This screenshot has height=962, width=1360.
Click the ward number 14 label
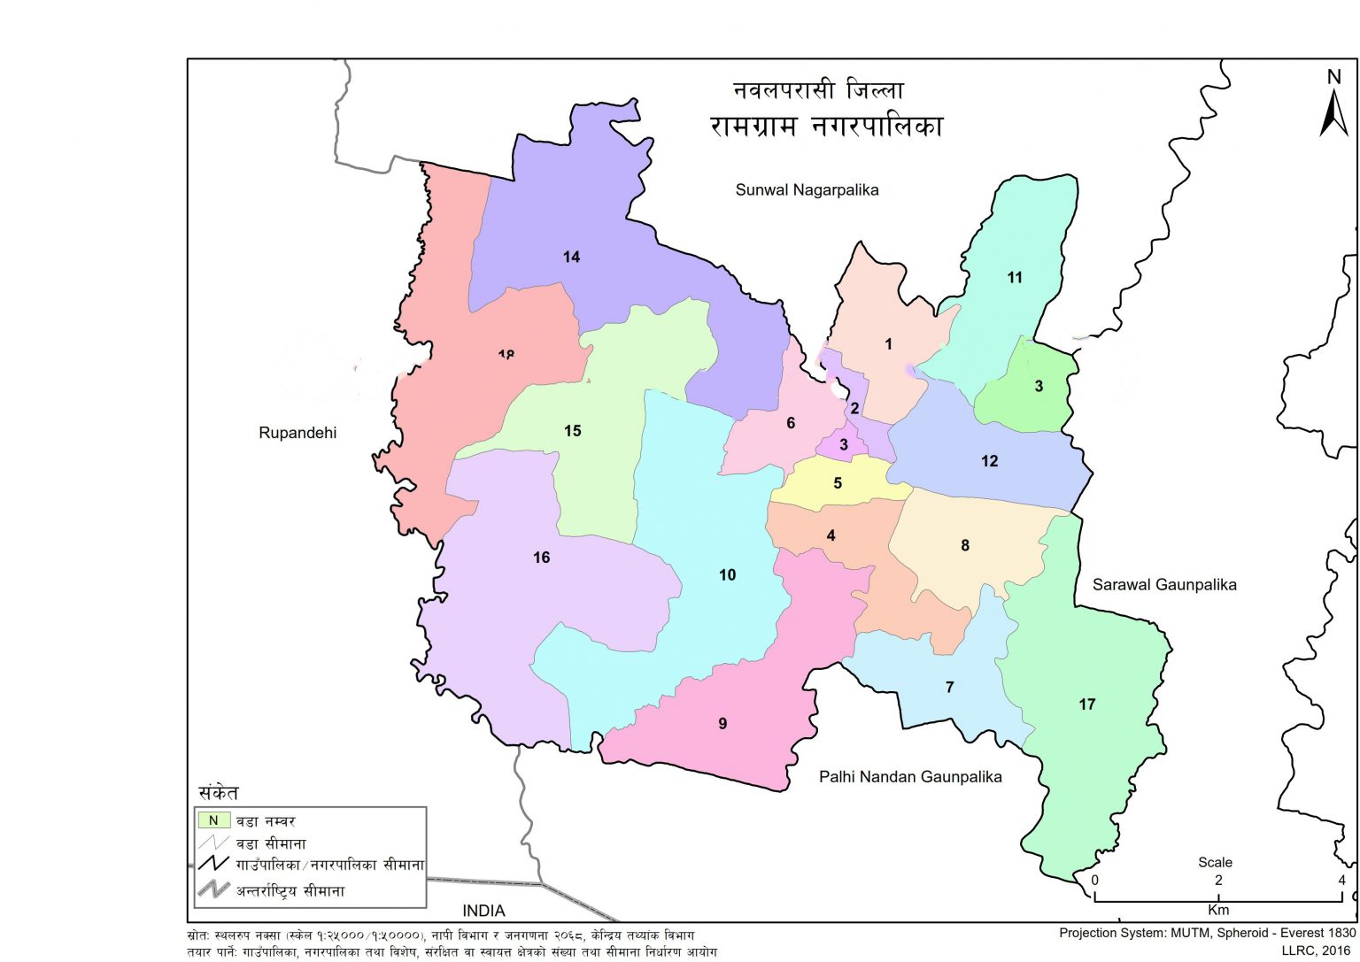[x=571, y=257]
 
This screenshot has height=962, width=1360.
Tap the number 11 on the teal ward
[x=1015, y=278]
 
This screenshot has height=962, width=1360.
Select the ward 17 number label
[x=1086, y=704]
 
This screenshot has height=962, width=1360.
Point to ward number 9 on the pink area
[x=722, y=724]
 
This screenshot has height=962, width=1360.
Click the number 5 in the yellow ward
[x=838, y=483]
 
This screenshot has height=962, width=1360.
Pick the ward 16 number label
[x=541, y=558]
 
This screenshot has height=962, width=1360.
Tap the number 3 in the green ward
[x=1039, y=386]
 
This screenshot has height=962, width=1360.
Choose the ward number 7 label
[x=949, y=688]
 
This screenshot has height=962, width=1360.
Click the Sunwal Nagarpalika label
[x=807, y=190]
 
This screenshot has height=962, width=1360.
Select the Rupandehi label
[x=297, y=433]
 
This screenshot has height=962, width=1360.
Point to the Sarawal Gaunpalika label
[x=1163, y=585]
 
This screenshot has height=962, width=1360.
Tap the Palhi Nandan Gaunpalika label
[x=909, y=777]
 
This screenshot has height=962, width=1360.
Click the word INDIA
[x=483, y=911]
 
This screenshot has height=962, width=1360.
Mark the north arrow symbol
[x=1333, y=106]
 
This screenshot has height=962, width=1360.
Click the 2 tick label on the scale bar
[x=1218, y=881]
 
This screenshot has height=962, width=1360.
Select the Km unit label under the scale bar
[x=1218, y=910]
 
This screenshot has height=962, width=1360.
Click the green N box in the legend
[x=213, y=820]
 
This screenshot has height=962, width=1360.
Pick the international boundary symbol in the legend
[x=213, y=889]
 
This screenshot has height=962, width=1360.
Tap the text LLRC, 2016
[x=1317, y=950]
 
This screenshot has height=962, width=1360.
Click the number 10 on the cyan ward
[x=727, y=575]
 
